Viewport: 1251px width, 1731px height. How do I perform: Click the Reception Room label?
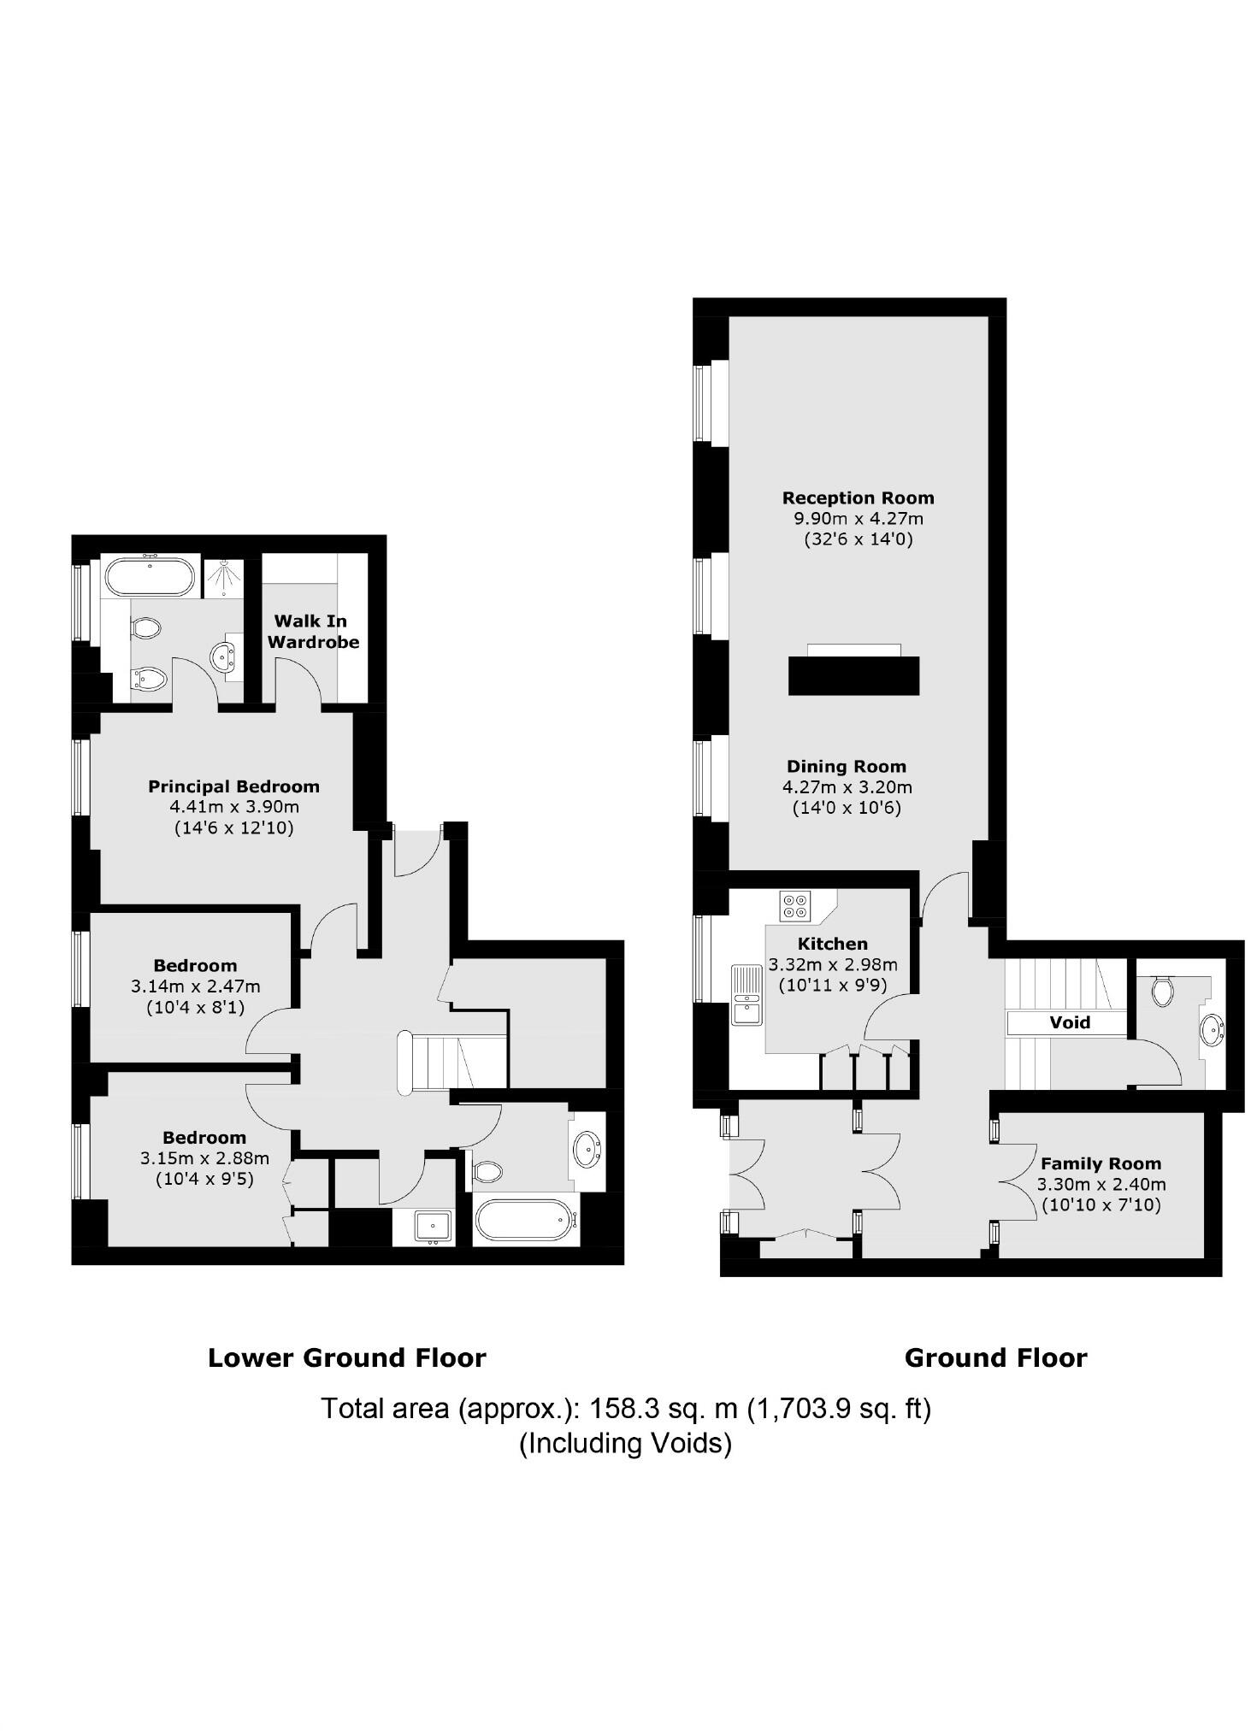point(858,498)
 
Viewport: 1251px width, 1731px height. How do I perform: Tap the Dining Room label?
point(846,766)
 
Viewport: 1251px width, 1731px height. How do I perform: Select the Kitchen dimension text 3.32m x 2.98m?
point(832,964)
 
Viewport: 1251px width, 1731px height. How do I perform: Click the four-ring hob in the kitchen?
point(795,905)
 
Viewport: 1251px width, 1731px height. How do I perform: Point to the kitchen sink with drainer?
point(746,995)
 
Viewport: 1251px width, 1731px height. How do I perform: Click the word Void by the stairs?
point(1069,1022)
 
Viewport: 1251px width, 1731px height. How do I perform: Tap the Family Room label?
point(1101,1163)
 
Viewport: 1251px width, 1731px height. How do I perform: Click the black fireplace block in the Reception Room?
point(853,674)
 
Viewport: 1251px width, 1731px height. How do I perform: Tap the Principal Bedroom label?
point(233,786)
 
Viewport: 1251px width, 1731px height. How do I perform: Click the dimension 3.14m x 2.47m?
point(195,986)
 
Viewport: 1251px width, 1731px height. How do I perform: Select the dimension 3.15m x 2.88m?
point(204,1158)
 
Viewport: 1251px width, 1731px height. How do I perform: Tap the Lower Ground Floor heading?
point(346,1357)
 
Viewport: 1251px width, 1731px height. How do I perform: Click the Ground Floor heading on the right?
point(995,1357)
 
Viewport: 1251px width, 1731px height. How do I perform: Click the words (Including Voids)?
point(625,1443)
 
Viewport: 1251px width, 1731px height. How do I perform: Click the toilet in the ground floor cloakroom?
point(1161,991)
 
